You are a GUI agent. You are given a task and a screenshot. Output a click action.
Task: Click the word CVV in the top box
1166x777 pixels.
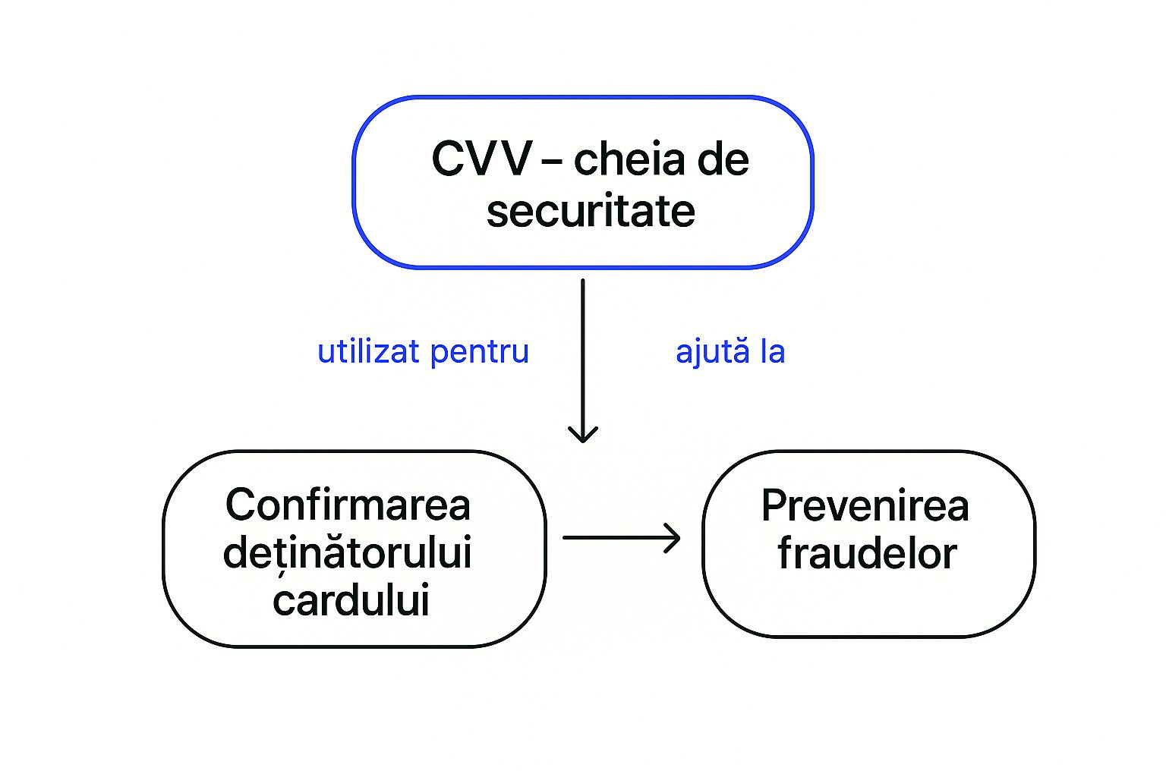pyautogui.click(x=481, y=160)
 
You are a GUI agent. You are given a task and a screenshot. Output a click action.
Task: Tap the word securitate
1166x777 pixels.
pyautogui.click(x=591, y=211)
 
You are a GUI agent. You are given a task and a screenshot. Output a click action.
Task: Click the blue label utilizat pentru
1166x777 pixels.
pyautogui.click(x=423, y=352)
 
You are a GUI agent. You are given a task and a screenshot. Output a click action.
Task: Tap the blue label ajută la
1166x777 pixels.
pyautogui.click(x=730, y=352)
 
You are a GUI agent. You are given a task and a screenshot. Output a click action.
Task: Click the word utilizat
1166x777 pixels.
pyautogui.click(x=369, y=352)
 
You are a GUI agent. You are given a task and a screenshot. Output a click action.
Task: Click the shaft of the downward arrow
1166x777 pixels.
pyautogui.click(x=583, y=349)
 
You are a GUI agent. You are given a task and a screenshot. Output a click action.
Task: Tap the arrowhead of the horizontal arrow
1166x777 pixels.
pyautogui.click(x=673, y=538)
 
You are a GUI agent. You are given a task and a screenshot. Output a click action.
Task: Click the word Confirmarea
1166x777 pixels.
pyautogui.click(x=348, y=505)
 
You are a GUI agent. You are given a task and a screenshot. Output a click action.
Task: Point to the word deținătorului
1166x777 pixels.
pyautogui.click(x=348, y=553)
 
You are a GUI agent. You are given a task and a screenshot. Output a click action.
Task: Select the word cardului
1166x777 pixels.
pyautogui.click(x=351, y=600)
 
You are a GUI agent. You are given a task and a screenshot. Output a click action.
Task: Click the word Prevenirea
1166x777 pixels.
pyautogui.click(x=865, y=506)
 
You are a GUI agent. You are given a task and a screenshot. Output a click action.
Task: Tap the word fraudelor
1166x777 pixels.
pyautogui.click(x=867, y=554)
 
